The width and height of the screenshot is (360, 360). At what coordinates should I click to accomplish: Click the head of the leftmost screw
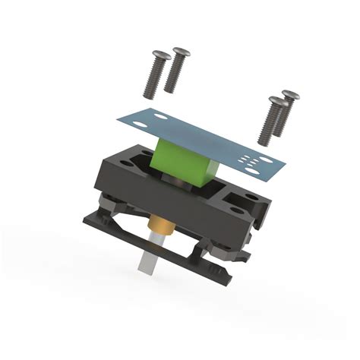(160, 55)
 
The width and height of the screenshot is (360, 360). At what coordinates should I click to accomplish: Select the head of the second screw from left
(181, 52)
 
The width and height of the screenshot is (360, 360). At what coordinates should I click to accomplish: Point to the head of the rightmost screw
(290, 96)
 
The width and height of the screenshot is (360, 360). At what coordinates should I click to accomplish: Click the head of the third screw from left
(276, 101)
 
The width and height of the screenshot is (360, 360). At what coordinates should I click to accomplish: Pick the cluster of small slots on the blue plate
(250, 159)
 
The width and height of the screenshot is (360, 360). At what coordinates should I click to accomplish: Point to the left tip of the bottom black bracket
(86, 221)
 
